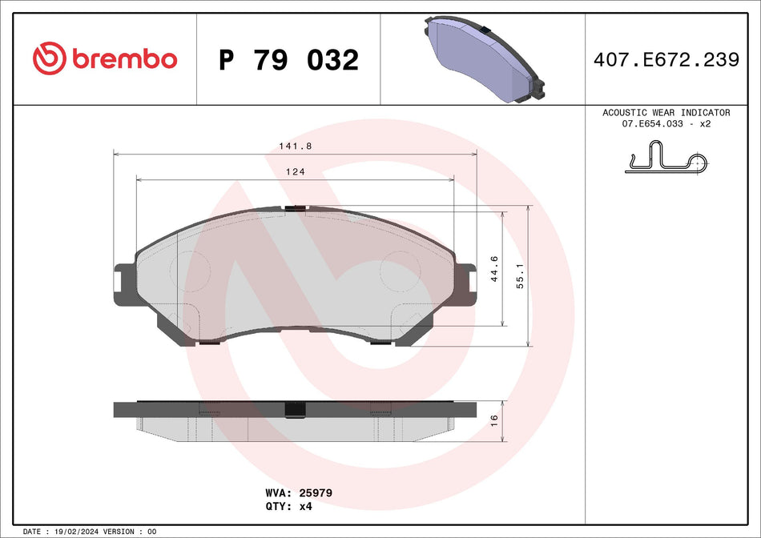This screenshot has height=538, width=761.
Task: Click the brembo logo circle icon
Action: [48, 58]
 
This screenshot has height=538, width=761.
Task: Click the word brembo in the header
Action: [124, 59]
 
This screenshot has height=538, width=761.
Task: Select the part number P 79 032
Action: [288, 60]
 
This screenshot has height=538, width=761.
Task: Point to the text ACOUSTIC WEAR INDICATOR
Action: [666, 113]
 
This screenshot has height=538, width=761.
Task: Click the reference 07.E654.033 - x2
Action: [666, 125]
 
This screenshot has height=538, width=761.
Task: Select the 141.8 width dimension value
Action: [295, 146]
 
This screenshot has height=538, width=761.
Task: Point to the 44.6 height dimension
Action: [494, 269]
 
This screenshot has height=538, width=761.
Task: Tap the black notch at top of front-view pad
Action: [295, 208]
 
